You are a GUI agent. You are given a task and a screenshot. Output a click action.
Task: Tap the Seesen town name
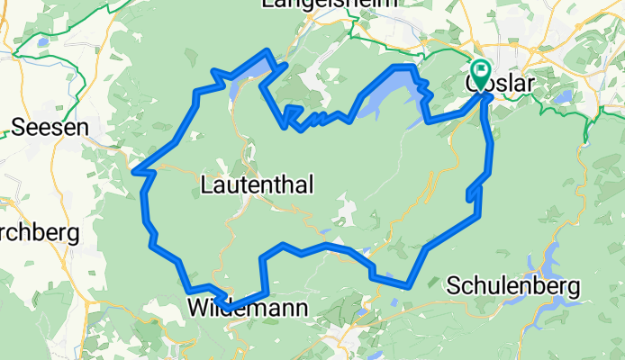(50, 128)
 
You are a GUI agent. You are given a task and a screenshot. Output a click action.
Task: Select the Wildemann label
(248, 309)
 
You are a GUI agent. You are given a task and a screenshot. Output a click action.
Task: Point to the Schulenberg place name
(513, 285)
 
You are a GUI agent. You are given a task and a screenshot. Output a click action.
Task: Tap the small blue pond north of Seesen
(42, 41)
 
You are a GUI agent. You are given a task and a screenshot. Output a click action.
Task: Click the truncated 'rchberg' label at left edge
(40, 233)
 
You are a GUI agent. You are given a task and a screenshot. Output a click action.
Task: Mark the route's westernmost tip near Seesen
(133, 169)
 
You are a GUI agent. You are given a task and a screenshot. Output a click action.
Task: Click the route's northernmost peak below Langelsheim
(267, 50)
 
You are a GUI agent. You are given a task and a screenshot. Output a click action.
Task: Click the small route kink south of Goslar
(470, 193)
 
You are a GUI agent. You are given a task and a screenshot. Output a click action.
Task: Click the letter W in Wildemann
(200, 309)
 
